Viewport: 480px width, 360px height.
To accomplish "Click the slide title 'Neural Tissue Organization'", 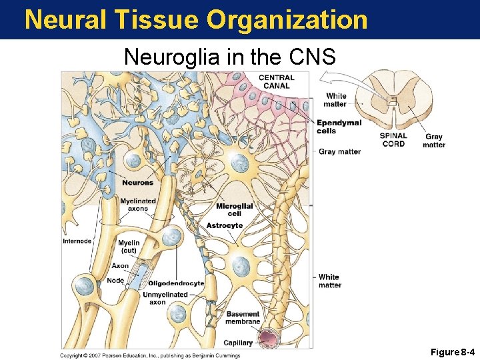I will [196, 20].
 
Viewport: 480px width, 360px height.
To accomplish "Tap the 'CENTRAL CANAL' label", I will [277, 81].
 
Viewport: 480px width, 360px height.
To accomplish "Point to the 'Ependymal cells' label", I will [339, 127].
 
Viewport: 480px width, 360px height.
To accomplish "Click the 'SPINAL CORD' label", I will [393, 139].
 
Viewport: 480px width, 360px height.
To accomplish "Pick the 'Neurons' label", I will [137, 183].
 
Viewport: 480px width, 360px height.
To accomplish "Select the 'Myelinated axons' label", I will [138, 205].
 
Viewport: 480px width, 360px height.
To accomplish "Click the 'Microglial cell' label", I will [234, 210].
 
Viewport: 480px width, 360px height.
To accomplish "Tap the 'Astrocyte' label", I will [225, 226].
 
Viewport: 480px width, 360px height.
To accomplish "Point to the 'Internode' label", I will [77, 241].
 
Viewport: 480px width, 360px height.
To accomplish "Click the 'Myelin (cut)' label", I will [129, 247].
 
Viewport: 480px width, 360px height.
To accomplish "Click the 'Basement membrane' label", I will [243, 318].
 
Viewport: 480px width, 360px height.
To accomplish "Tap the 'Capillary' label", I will [238, 343].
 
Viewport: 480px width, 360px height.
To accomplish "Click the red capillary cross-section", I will [271, 339].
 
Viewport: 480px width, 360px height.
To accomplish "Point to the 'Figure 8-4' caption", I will [453, 351].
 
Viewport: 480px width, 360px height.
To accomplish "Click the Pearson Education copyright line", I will [150, 355].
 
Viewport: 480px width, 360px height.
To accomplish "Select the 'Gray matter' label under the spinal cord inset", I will [433, 141].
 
